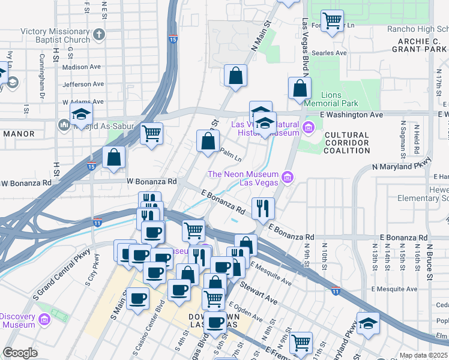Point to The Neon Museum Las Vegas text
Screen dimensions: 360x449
tap(243, 178)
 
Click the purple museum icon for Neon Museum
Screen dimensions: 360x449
tap(287, 178)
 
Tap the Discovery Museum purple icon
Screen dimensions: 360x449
tap(43, 320)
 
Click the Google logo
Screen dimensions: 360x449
tap(20, 353)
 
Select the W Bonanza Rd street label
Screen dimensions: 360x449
tap(151, 181)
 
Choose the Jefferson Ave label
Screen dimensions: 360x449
tap(83, 85)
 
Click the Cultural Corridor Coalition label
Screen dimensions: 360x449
tap(347, 143)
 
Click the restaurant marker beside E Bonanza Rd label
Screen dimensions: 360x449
tap(263, 209)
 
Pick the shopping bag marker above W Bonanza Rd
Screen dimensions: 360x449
tap(113, 158)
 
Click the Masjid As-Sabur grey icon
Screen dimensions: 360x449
tap(64, 125)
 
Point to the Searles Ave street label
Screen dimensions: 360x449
tap(333, 53)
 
